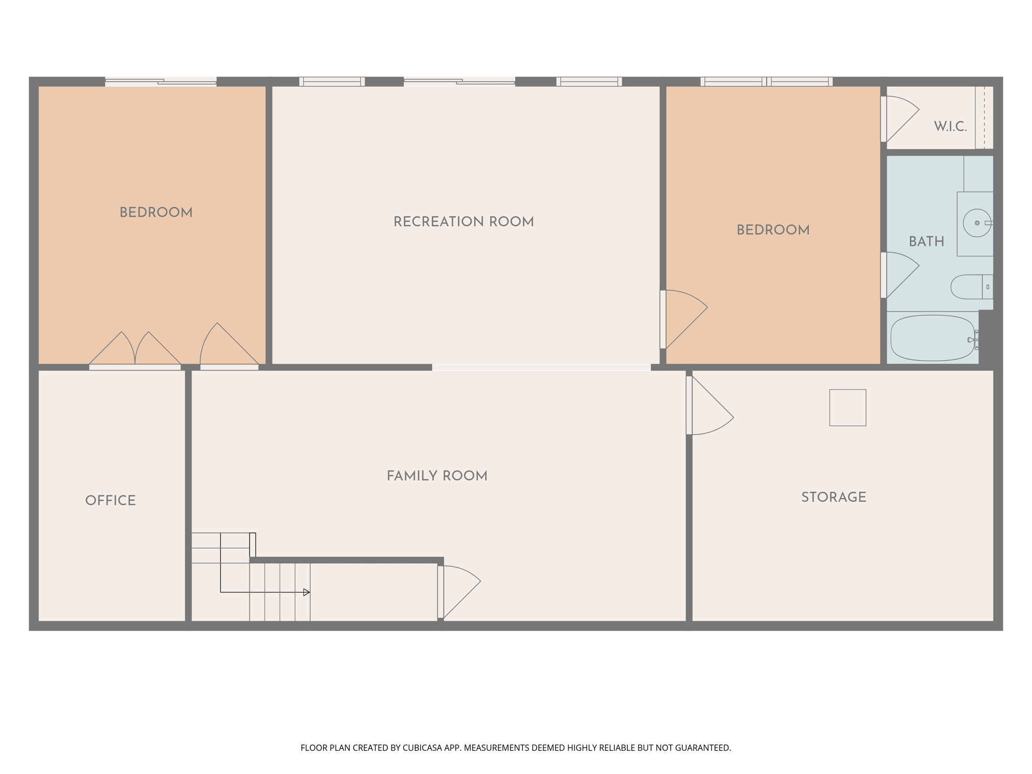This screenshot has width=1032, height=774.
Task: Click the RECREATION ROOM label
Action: coord(464,222)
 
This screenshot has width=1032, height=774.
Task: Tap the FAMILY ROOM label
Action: coord(437,476)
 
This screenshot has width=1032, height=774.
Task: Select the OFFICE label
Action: coord(110,500)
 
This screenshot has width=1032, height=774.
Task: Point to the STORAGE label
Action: coord(833,497)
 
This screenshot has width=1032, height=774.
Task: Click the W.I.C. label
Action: coord(950,126)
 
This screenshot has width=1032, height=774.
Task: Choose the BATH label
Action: coord(926,242)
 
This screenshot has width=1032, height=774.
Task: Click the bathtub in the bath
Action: coord(932,338)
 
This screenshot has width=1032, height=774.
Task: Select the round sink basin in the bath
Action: coord(977,223)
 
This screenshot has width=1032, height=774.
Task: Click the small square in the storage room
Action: coord(848,407)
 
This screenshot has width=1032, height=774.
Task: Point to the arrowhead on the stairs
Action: coord(306,592)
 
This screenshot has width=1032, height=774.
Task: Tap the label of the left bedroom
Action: coord(156,213)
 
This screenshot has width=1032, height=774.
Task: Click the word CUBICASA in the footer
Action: coord(421,748)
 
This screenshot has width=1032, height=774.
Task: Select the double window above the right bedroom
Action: coord(766,82)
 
